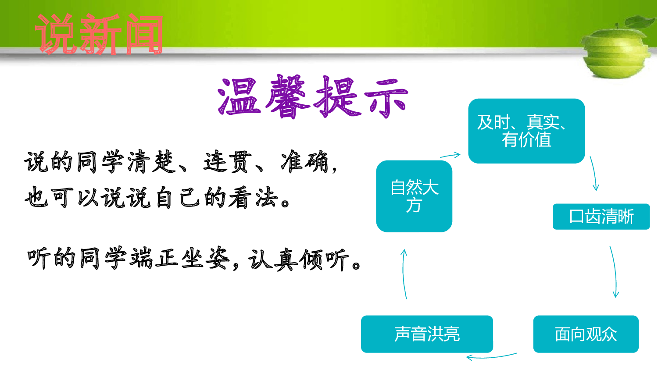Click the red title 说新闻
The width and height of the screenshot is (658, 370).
tap(99, 35)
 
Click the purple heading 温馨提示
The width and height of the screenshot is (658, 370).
tap(313, 97)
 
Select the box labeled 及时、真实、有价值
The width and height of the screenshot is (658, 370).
tap(526, 131)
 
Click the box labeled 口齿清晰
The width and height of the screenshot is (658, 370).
tap(601, 217)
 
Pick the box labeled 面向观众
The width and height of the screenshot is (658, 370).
tap(585, 334)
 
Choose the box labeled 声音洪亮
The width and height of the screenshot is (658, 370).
tap(426, 334)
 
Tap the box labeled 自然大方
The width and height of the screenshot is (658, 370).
tap(414, 196)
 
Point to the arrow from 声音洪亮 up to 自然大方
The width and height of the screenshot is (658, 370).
tap(404, 274)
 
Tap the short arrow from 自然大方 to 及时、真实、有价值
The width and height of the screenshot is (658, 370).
tap(451, 155)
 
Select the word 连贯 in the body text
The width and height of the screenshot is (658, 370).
tap(228, 162)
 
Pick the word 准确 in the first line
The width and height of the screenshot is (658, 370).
tap(304, 162)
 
